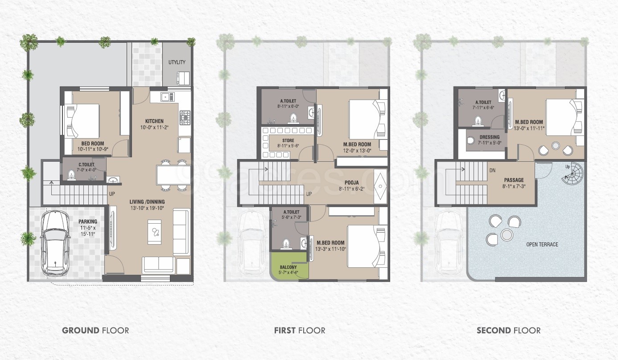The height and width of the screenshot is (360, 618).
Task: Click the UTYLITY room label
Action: pyautogui.click(x=177, y=62)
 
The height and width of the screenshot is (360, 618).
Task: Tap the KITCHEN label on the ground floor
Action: pyautogui.click(x=154, y=121)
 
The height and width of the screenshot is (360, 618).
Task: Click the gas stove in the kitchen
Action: pyautogui.click(x=184, y=118)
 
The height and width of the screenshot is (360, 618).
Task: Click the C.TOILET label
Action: pyautogui.click(x=84, y=164)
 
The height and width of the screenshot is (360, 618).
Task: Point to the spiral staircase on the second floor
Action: pyautogui.click(x=572, y=174)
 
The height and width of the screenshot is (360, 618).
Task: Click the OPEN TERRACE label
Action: pyautogui.click(x=542, y=244)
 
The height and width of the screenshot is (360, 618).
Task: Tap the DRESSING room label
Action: pyautogui.click(x=489, y=138)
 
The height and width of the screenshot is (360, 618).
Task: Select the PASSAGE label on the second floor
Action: pyautogui.click(x=514, y=180)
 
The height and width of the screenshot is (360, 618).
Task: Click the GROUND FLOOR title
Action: pyautogui.click(x=95, y=331)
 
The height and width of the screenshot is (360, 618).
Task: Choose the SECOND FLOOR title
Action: pyautogui.click(x=508, y=331)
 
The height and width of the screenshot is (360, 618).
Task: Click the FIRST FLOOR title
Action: pyautogui.click(x=300, y=331)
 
